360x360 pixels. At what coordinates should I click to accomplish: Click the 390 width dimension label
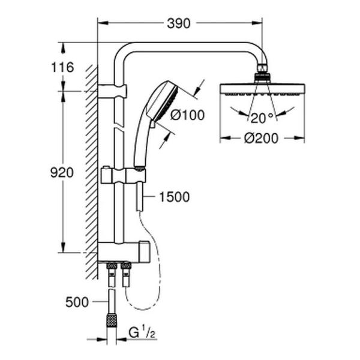(x=178, y=23)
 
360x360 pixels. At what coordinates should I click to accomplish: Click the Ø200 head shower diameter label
(x=262, y=139)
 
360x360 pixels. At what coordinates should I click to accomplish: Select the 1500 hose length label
(x=175, y=196)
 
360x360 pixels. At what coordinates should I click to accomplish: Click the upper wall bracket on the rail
(x=113, y=91)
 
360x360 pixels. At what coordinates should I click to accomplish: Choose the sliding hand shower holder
(x=123, y=176)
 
